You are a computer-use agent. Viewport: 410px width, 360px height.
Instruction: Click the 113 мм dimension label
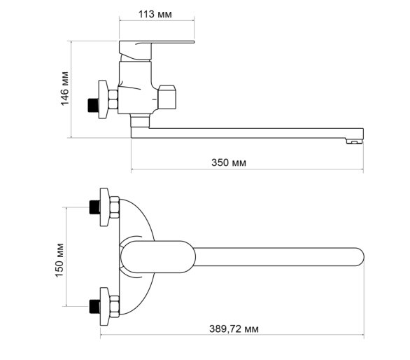click(x=155, y=14)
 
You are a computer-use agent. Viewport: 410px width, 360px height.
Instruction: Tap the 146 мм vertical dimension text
click(x=64, y=88)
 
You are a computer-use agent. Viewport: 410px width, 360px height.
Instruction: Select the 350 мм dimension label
click(x=229, y=162)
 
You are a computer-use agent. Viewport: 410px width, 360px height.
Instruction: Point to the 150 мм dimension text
click(x=59, y=260)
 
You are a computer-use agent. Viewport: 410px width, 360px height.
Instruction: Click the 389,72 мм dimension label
click(x=234, y=329)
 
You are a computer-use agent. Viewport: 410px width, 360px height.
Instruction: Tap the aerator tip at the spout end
click(x=354, y=141)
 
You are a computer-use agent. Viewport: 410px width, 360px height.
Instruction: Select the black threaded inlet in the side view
click(x=93, y=105)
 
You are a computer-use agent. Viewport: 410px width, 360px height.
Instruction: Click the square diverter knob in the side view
click(x=167, y=97)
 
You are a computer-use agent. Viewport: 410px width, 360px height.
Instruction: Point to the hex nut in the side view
click(x=113, y=99)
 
